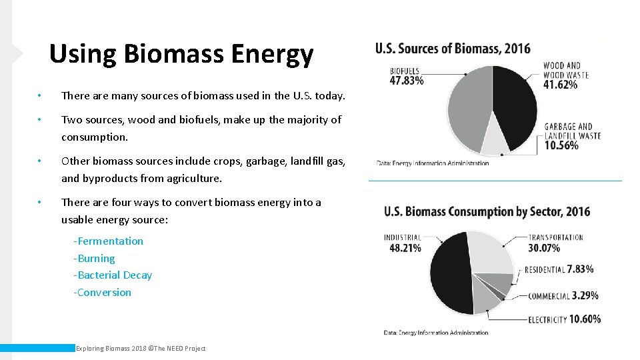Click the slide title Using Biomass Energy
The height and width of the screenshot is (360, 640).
point(181,55)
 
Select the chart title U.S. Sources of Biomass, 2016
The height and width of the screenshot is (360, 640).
point(453,48)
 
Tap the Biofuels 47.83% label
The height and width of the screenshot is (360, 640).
point(405,76)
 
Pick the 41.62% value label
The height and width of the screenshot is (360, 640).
point(561,85)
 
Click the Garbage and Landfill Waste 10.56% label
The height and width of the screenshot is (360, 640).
point(571,135)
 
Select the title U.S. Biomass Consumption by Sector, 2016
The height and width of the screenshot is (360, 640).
point(487,211)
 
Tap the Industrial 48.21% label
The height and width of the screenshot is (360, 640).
point(403,243)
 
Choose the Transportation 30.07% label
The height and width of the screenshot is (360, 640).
point(555,243)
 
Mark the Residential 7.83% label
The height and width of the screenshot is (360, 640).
point(559,269)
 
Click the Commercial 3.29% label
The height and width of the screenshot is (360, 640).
point(563,295)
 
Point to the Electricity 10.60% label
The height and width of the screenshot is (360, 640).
point(564,319)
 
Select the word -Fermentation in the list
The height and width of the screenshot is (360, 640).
point(109,241)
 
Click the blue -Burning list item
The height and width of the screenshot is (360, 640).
point(94,258)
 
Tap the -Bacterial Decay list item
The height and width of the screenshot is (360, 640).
point(113,275)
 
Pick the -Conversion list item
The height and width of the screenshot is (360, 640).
point(103,292)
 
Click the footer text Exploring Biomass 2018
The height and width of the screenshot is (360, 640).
point(141,348)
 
